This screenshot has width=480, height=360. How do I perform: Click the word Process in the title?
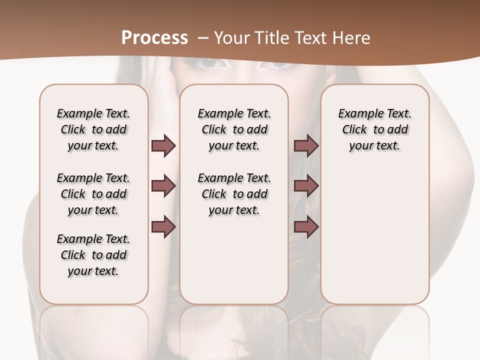tap(154, 38)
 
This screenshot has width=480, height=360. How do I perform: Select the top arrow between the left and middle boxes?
tap(163, 146)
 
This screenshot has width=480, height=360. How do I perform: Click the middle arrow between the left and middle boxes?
tap(163, 186)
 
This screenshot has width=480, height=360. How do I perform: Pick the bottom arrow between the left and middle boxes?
tap(163, 227)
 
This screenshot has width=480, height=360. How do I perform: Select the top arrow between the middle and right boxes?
tap(306, 146)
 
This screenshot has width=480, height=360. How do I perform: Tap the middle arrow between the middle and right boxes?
tap(306, 186)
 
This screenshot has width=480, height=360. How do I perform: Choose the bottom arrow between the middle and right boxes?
tap(306, 227)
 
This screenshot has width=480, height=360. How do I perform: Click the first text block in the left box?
tap(93, 129)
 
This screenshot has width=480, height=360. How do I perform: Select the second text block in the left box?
tap(93, 194)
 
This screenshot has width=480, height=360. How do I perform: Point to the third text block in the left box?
tap(93, 255)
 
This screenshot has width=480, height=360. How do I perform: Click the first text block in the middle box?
tap(234, 129)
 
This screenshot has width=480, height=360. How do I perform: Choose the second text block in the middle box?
tap(234, 194)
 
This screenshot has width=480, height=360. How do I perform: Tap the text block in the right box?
tap(374, 129)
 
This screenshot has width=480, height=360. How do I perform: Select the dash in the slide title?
tap(203, 38)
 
